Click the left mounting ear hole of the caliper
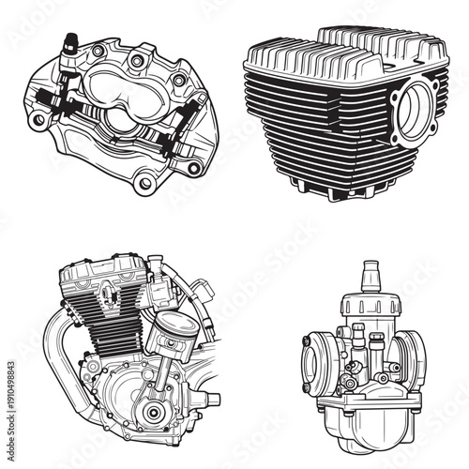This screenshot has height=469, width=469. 37,121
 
